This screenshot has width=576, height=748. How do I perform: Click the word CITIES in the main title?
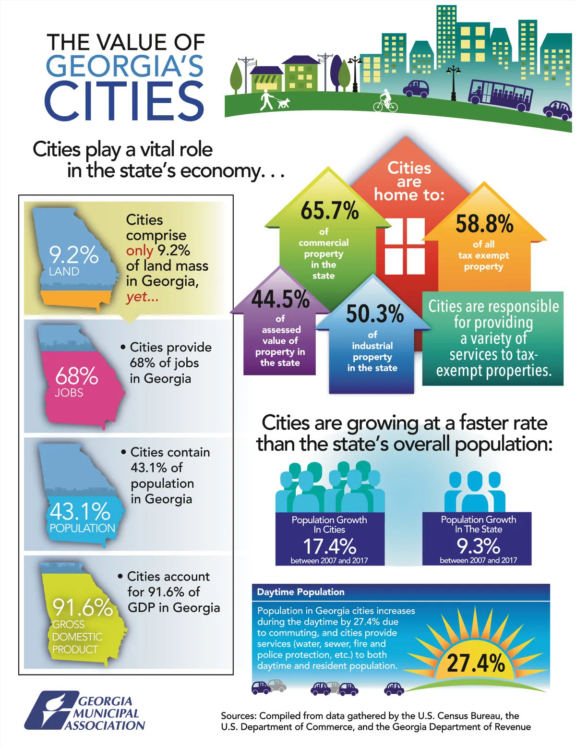[124, 101]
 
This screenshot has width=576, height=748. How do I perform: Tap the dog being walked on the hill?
[284, 103]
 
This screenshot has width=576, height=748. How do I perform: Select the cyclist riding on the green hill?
[385, 100]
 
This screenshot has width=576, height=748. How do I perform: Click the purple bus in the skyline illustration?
[501, 93]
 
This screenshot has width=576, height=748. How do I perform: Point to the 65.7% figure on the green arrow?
[330, 211]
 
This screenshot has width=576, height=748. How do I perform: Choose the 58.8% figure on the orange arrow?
[484, 224]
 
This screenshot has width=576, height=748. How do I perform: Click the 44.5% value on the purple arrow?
[280, 299]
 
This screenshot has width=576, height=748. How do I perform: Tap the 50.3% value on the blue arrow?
[375, 314]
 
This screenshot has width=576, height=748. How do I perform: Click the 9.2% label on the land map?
[73, 254]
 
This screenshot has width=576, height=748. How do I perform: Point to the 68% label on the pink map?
[76, 376]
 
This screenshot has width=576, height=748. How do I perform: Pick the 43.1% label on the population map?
[80, 511]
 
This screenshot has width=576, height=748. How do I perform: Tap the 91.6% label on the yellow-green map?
[82, 607]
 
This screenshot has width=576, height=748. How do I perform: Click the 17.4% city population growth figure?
[329, 546]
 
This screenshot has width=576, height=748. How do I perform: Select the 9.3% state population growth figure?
[478, 546]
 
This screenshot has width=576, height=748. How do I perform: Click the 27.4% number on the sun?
[476, 663]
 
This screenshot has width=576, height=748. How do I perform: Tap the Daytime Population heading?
[300, 592]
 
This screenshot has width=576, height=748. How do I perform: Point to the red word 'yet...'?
[142, 297]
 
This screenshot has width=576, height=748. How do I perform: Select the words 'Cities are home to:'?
[409, 181]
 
